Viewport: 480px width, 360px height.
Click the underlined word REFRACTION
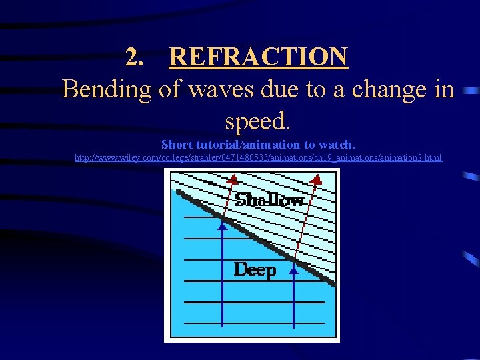(258, 57)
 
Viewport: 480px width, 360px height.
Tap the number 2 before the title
(135, 58)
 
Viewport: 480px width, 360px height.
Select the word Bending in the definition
(107, 89)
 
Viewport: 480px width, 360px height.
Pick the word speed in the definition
(257, 121)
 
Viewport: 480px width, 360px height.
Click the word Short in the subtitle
(177, 144)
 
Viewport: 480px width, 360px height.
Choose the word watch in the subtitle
(337, 144)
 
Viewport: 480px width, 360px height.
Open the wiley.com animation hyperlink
(258, 158)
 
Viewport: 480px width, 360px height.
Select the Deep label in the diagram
(255, 270)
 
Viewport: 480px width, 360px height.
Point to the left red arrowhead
(232, 179)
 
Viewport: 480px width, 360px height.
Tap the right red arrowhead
(317, 179)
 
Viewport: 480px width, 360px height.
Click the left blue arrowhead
(223, 226)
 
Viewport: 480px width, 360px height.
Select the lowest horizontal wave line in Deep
(253, 323)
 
